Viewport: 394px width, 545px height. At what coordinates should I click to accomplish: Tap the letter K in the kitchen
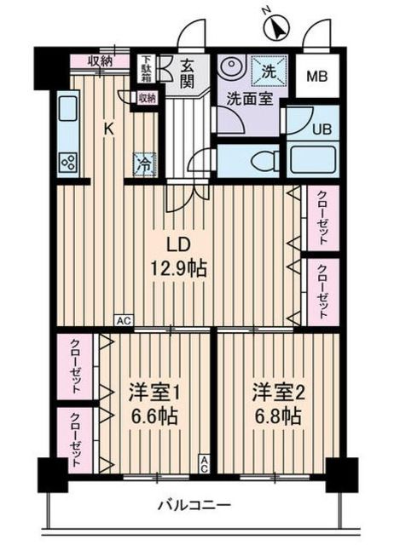(x=109, y=129)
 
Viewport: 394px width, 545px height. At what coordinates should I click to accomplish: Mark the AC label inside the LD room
(x=123, y=321)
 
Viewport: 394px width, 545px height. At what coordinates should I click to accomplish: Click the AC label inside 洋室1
(x=204, y=463)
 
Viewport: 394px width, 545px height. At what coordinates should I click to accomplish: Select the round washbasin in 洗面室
(x=233, y=67)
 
